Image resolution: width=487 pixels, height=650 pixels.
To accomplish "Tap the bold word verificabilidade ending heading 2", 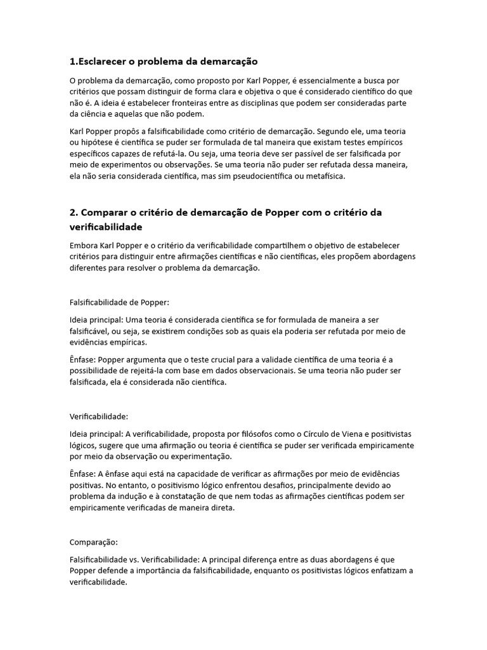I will click(x=106, y=227).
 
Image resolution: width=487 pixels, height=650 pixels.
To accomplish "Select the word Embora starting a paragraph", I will click(x=84, y=245).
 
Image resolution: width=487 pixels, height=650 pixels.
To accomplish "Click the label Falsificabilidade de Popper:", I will click(x=119, y=302).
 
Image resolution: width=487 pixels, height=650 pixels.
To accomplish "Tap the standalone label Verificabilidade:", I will click(x=98, y=416).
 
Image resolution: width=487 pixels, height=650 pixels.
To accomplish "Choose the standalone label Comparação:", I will click(x=94, y=542).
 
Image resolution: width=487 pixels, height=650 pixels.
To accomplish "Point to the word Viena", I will click(x=350, y=434).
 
